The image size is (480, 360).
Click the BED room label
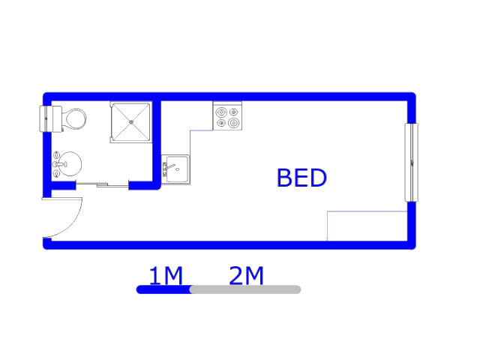[x=301, y=178]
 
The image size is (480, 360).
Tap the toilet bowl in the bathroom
[x=74, y=118]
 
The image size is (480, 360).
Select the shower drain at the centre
[x=131, y=121]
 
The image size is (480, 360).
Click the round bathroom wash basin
[x=70, y=163]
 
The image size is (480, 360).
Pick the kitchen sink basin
[x=177, y=169]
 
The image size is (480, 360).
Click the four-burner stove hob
[x=227, y=116]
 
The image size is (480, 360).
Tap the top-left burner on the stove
[x=221, y=112]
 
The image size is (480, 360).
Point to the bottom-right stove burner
[x=233, y=123]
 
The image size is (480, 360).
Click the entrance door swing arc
[x=74, y=223]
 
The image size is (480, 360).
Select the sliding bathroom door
[x=102, y=184]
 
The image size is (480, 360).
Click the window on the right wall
[x=412, y=162]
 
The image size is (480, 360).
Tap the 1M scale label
[x=166, y=275]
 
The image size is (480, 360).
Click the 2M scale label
[x=246, y=275]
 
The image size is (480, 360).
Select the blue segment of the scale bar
[x=163, y=289]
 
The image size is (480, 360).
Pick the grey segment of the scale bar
[x=245, y=289]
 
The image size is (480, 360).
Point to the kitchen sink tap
[x=169, y=168]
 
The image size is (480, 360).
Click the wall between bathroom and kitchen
[x=157, y=142]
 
